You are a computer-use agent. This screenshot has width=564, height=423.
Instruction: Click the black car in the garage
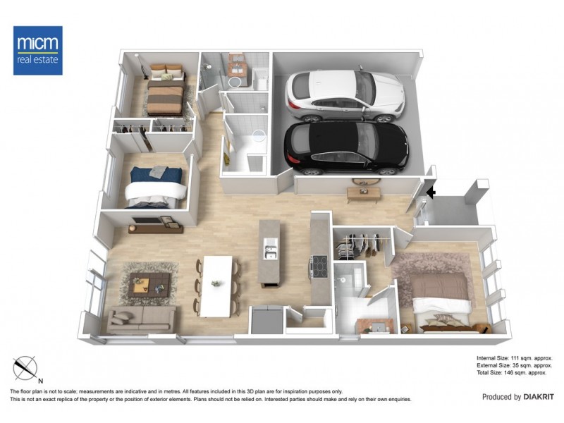pos(345,147)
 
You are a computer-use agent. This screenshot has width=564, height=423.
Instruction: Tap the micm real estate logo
pos(38,50)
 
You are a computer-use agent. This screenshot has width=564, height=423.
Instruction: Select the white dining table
pos(216,285)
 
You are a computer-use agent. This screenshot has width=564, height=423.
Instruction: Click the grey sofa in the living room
pos(141,319)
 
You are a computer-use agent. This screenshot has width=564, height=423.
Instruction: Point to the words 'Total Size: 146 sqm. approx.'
pos(513,374)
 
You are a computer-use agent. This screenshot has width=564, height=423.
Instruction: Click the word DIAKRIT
pos(539,397)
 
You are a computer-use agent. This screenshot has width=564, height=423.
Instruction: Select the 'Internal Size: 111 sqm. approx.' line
pos(513,358)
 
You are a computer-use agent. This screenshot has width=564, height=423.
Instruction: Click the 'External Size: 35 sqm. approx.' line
pos(513,366)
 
